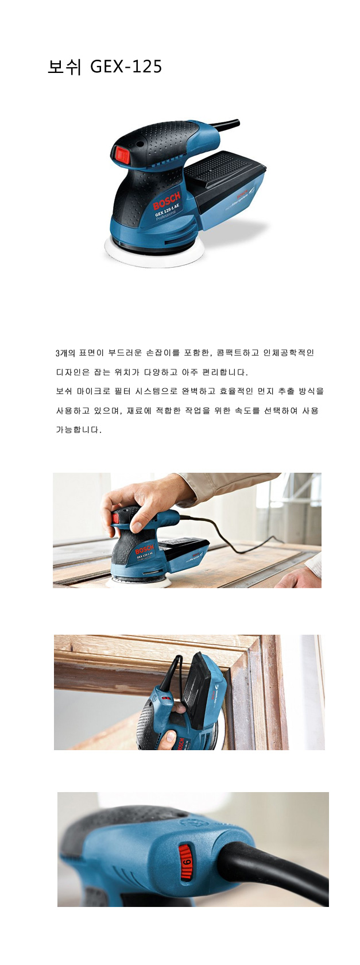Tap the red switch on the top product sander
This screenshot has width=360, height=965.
120,153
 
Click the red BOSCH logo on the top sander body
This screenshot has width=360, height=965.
167,201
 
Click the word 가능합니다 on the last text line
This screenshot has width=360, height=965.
78,430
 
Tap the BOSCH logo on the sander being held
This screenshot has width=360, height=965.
145,550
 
